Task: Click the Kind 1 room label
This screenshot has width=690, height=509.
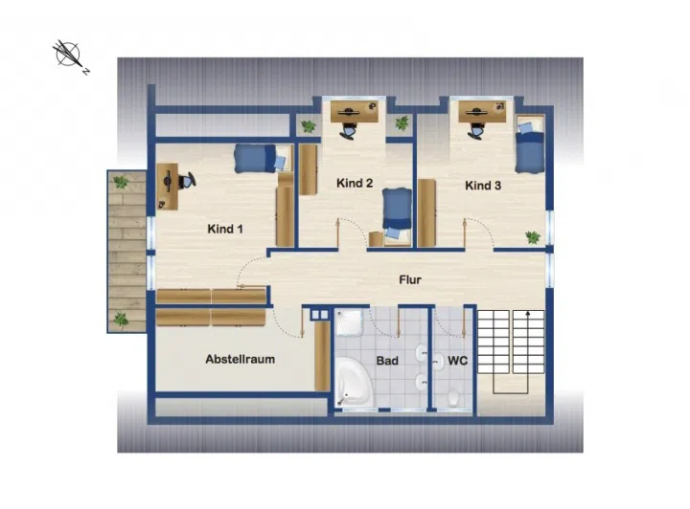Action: [x=225, y=229]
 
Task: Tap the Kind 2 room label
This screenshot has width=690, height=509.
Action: [x=355, y=183]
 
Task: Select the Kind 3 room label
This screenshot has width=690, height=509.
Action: [x=483, y=186]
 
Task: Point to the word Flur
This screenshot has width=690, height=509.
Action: [x=410, y=279]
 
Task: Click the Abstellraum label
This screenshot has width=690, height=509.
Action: [x=241, y=359]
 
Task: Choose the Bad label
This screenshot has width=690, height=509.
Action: [x=387, y=361]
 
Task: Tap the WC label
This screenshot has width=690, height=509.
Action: [x=457, y=361]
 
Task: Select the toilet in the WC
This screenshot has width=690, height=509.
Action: [x=452, y=398]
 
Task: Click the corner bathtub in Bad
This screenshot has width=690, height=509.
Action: [x=354, y=382]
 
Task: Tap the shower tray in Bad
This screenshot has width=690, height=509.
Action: [x=350, y=321]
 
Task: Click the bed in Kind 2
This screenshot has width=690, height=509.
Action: [x=398, y=213]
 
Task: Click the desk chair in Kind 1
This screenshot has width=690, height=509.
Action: [x=187, y=181]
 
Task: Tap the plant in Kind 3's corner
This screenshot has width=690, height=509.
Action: [x=533, y=237]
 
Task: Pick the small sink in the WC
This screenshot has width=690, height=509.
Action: [x=438, y=362]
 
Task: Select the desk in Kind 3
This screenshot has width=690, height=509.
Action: [x=482, y=111]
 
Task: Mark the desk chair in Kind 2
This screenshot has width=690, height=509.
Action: [x=349, y=130]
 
